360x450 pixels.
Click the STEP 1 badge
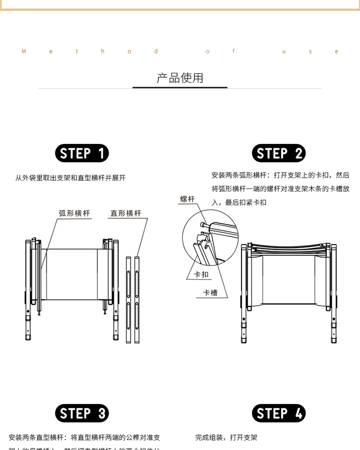[x=82, y=154]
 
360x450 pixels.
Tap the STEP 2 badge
[x=278, y=154]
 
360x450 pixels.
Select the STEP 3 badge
[x=82, y=414]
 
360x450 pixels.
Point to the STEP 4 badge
[x=278, y=414]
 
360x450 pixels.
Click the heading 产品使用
[x=180, y=78]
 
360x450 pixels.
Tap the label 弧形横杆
[x=74, y=213]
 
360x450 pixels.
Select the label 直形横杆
[x=126, y=213]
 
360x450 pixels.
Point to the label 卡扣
[x=201, y=275]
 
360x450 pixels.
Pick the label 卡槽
[x=210, y=293]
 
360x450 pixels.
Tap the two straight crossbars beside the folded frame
[x=133, y=300]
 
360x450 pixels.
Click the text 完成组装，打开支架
[x=226, y=438]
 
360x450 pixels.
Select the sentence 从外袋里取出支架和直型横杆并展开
[x=71, y=178]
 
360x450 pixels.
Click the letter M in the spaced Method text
[x=24, y=52]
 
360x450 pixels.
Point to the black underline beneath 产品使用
[x=180, y=87]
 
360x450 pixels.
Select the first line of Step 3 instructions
[x=84, y=438]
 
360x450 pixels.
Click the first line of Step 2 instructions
[x=280, y=176]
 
